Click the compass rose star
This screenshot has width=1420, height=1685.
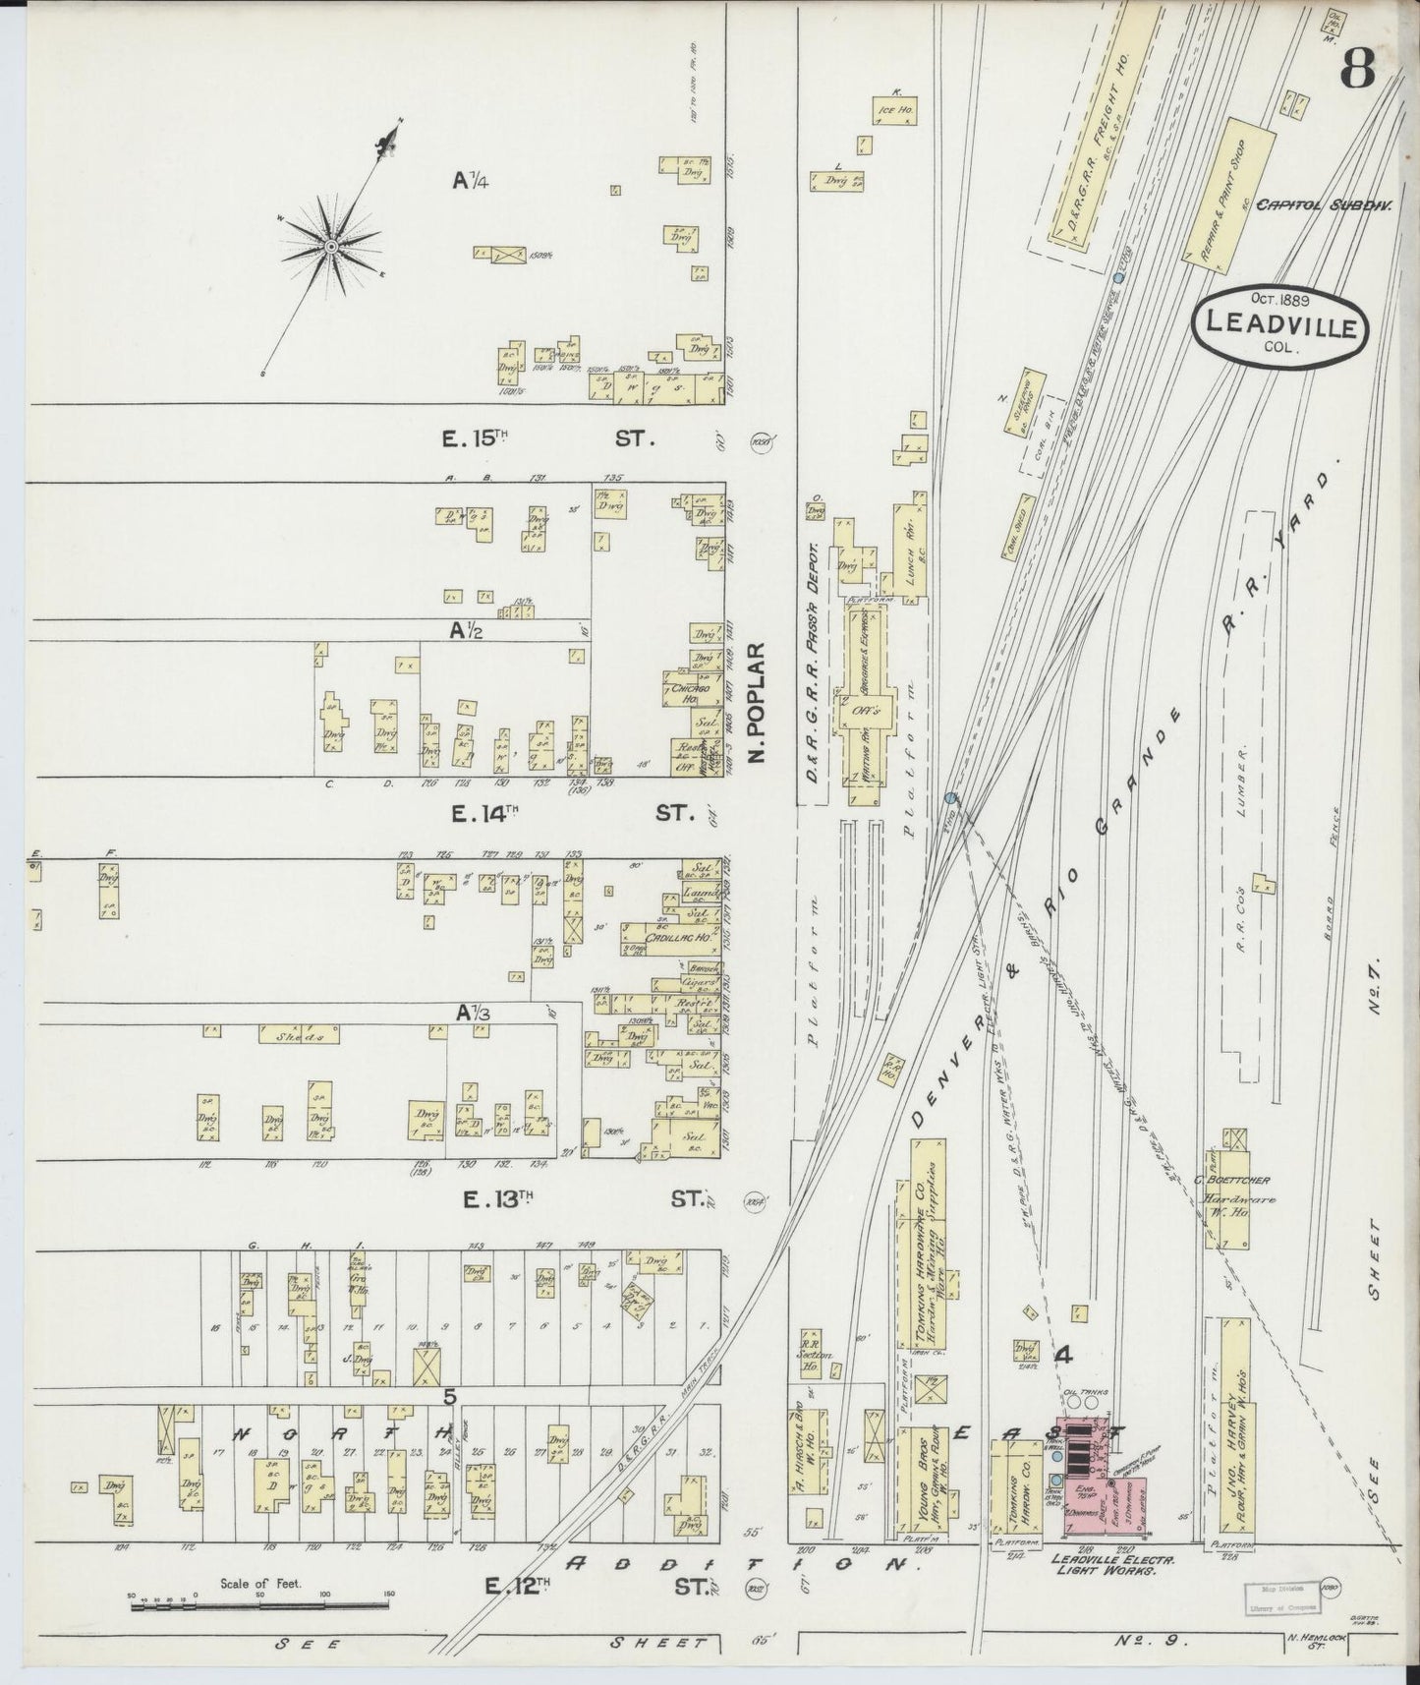[331, 245]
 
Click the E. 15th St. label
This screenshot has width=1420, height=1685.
[546, 438]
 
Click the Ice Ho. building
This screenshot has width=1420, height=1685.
[893, 111]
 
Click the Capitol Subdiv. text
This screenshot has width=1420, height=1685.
[1337, 207]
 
